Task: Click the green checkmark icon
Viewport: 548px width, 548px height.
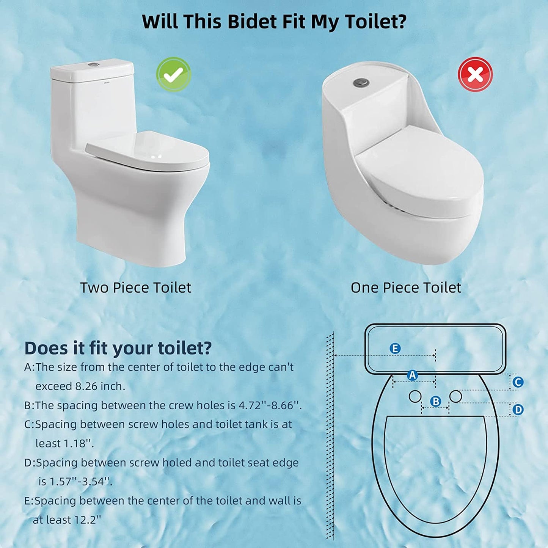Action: pos(173,74)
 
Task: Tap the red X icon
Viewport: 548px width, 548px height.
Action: pos(476,74)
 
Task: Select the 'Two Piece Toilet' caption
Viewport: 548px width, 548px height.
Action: pos(136,287)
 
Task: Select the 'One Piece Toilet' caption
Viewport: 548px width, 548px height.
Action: pos(406,287)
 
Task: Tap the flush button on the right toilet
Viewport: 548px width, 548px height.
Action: pos(361,82)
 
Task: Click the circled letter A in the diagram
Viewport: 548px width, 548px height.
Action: pos(412,375)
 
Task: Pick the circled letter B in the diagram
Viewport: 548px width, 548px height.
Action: pos(435,402)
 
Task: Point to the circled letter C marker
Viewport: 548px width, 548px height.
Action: pos(518,382)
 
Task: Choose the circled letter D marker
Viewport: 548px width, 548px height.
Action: pos(518,410)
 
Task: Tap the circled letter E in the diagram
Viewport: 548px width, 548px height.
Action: pos(395,349)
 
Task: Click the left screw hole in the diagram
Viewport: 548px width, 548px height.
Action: pos(415,396)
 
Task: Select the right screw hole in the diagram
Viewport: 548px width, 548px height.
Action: pos(455,396)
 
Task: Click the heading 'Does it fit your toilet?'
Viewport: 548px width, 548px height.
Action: pos(118,348)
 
